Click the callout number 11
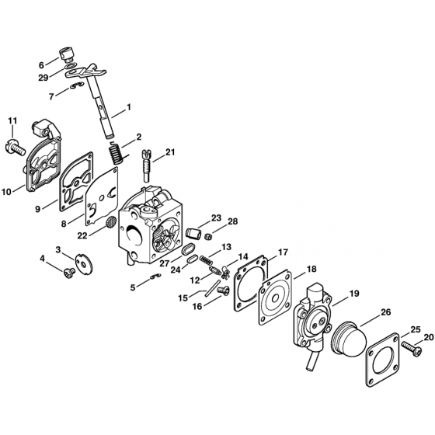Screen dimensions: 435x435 12,120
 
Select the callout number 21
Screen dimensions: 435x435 170,154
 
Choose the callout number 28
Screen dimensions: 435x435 232,221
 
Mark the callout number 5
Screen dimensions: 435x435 132,287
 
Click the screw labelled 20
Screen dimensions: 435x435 409,342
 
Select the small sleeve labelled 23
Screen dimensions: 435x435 193,232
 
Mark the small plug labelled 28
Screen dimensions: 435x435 208,234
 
